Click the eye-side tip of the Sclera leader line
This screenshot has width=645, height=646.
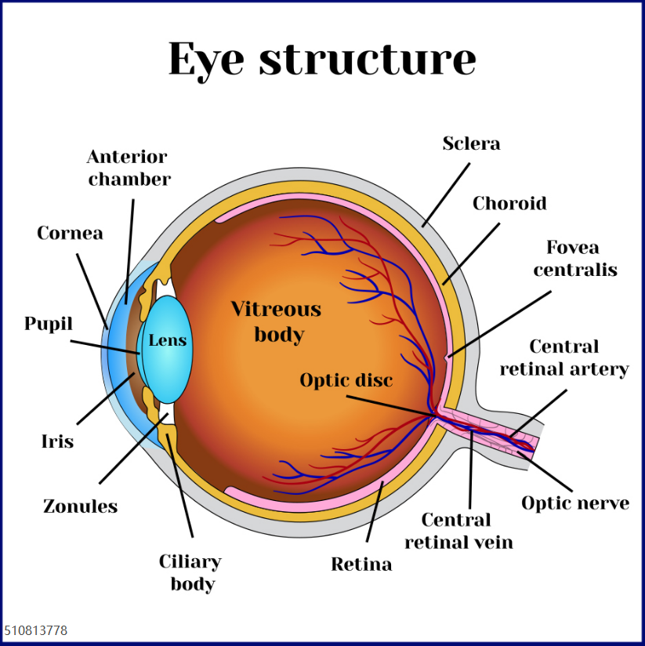(423, 227)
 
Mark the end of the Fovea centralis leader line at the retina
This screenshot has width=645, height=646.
(449, 357)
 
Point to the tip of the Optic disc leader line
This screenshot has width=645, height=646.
(433, 416)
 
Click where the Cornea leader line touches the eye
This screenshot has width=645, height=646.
(108, 329)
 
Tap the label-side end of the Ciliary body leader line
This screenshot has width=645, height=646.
(192, 537)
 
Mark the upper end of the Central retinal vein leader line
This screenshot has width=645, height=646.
(470, 430)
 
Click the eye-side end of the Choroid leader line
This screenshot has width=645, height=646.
(444, 285)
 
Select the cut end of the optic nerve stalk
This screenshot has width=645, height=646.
(535, 447)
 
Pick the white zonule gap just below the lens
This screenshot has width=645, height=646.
(166, 413)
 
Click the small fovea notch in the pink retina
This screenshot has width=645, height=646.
(447, 359)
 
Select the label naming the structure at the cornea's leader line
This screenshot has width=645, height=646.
(70, 233)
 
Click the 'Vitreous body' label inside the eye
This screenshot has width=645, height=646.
(276, 321)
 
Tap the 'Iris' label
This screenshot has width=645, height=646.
(58, 441)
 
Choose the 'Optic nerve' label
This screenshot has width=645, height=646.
(575, 503)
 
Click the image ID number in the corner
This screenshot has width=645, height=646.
(36, 631)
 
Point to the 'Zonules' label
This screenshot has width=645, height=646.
(80, 506)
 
